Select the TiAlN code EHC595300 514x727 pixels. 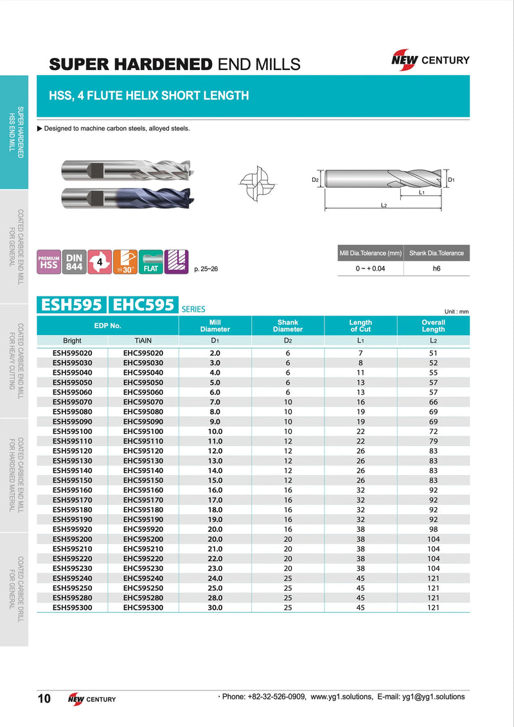pos(143,607)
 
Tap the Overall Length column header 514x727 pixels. pos(433,326)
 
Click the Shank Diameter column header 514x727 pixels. pos(288,326)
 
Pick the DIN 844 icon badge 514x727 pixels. pos(74,262)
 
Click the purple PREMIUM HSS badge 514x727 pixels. pos(49,262)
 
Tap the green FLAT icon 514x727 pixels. pos(151,262)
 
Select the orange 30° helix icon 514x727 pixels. pos(125,262)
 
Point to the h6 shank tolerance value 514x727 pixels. pos(436,269)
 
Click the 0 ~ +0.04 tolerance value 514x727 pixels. pos(370,269)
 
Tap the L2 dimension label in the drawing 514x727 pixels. pos(384,205)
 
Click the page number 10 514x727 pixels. pos(44,699)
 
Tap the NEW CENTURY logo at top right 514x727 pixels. pos(430,60)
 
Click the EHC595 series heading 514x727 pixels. pos(143,305)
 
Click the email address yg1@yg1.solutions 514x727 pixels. pos(430,697)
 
